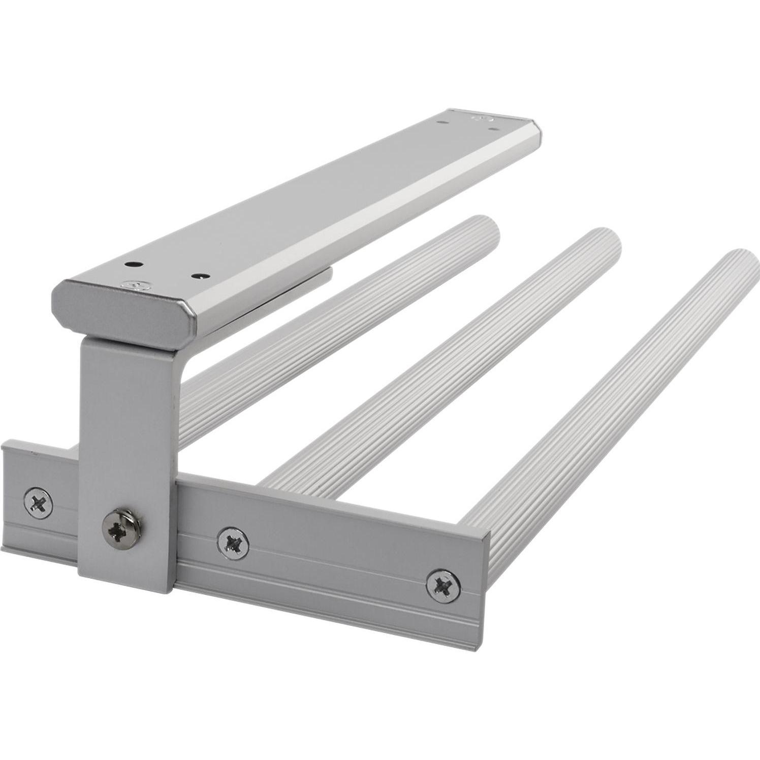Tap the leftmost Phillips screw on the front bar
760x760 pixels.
coord(39,503)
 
